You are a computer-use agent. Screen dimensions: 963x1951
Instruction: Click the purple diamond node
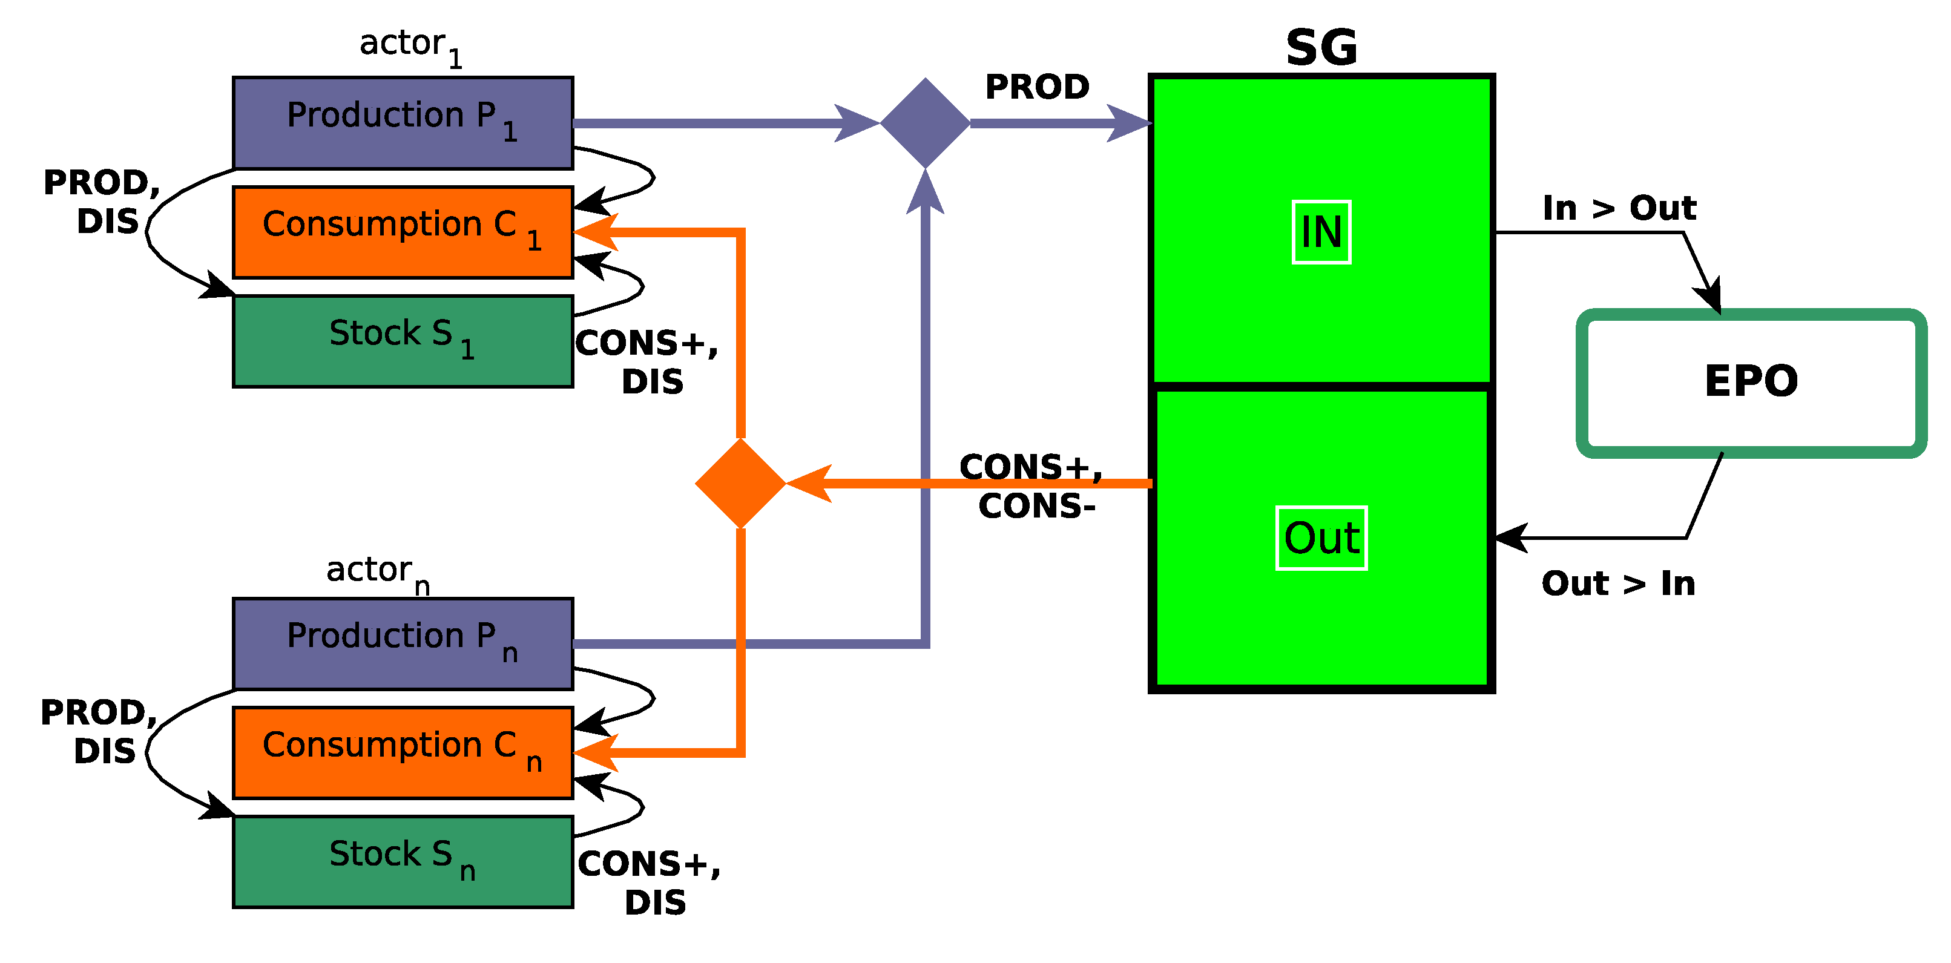coord(925,123)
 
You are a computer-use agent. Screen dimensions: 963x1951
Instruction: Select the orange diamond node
coord(740,483)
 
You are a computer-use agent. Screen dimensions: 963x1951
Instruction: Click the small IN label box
coord(1321,232)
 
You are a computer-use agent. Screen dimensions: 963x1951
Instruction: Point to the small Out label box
coord(1321,537)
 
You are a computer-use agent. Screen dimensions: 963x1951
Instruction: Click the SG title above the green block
coord(1321,48)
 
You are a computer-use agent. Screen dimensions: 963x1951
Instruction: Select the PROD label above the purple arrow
coord(1037,87)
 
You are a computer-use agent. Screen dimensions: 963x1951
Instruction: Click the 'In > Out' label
coord(1619,208)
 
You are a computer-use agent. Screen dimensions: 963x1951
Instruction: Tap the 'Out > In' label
coord(1617,583)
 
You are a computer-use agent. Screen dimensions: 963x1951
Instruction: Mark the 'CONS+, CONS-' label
coord(1032,486)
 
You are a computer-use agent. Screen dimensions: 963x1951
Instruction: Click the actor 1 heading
coord(410,45)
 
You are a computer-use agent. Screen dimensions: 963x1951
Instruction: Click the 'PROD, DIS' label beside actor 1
coord(102,202)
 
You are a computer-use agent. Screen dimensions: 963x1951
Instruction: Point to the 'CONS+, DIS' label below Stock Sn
coord(650,882)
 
